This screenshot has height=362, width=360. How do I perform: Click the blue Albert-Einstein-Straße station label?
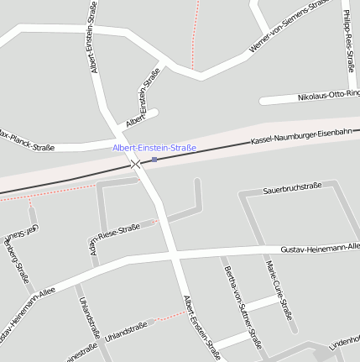154,148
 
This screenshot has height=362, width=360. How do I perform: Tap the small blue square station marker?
154,159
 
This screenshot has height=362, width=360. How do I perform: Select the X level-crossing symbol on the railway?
136,164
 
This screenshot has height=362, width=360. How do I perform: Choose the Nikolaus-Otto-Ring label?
328,97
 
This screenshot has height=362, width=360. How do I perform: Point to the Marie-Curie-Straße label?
279,291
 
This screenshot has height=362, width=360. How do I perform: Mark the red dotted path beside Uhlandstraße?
171,316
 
